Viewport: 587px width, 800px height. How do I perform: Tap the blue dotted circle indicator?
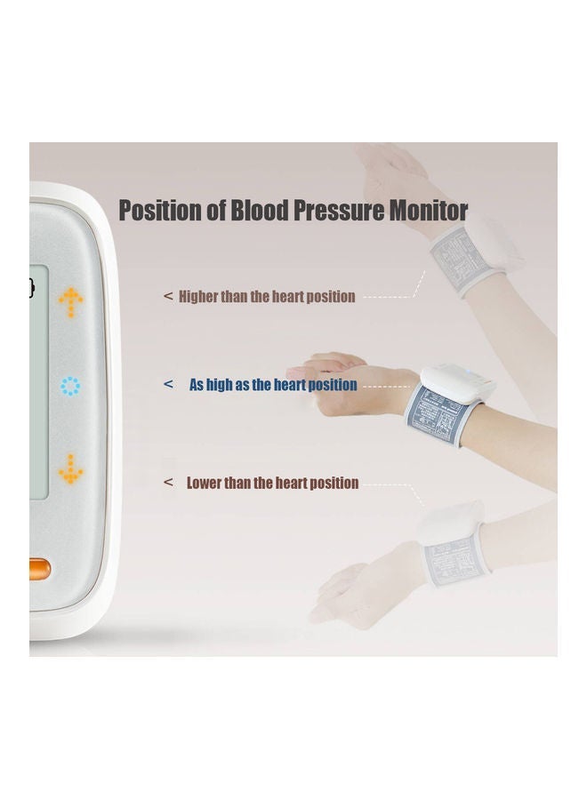click(70, 387)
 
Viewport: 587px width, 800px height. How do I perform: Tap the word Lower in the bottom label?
click(204, 484)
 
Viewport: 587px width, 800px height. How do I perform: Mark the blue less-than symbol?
click(169, 385)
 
